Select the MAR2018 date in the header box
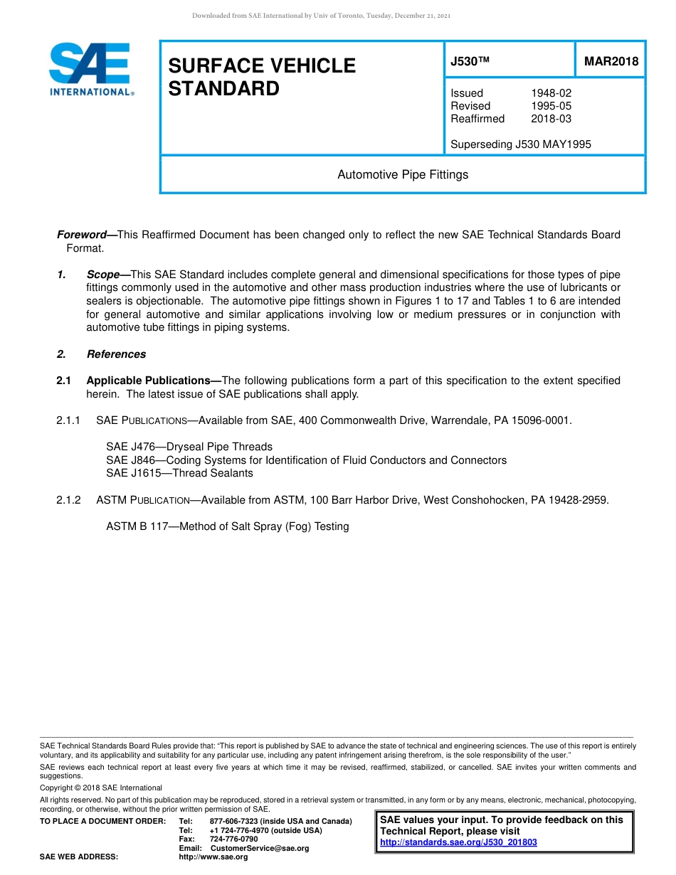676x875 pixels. [611, 62]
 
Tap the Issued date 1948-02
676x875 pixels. [551, 93]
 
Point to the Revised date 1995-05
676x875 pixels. [551, 106]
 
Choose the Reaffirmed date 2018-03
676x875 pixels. [551, 119]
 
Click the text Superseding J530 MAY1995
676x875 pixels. [520, 144]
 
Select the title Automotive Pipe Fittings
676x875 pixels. [403, 174]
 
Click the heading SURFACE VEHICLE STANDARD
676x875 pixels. [261, 77]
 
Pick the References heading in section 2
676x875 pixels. [116, 354]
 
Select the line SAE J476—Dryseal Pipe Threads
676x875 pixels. [189, 447]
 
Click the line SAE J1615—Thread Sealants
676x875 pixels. [179, 473]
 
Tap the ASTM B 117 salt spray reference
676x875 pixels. [227, 526]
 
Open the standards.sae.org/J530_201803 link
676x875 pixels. [458, 842]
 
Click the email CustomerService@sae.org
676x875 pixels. [260, 848]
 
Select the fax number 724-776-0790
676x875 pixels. [233, 839]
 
